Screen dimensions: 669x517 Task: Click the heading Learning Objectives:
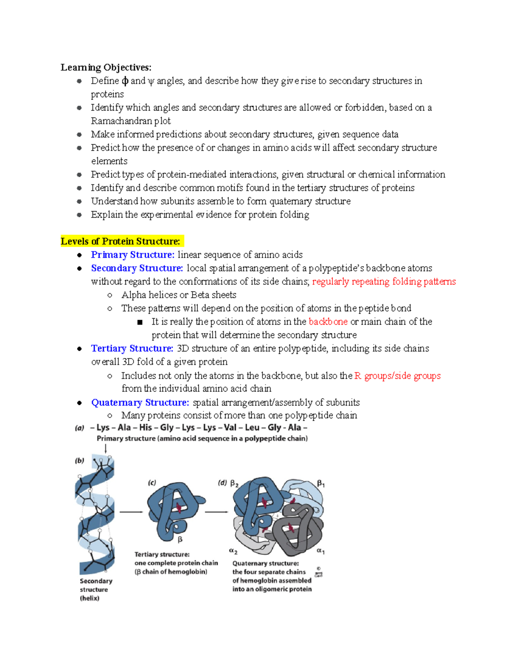(x=106, y=67)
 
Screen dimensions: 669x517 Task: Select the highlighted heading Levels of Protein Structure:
(x=121, y=241)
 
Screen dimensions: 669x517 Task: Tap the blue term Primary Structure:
(x=133, y=255)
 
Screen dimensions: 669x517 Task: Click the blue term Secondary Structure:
(x=137, y=268)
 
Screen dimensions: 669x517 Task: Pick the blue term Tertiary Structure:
(x=132, y=348)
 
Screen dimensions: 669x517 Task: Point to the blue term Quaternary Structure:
(x=140, y=402)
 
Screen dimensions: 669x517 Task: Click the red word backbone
(x=328, y=321)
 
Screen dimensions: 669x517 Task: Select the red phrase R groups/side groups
(x=397, y=376)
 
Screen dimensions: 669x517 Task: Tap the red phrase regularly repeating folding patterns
(x=383, y=281)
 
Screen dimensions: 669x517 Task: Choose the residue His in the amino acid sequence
(x=146, y=427)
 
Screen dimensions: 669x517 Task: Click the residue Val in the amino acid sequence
(x=230, y=427)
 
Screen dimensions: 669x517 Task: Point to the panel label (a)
(x=80, y=428)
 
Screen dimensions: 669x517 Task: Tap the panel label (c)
(x=152, y=483)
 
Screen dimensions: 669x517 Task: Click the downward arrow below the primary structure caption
(x=106, y=448)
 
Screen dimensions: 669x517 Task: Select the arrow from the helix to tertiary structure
(x=131, y=512)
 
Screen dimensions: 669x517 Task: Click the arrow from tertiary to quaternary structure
(x=216, y=512)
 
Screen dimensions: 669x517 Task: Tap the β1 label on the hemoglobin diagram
(x=321, y=484)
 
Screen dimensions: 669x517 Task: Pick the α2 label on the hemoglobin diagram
(x=233, y=551)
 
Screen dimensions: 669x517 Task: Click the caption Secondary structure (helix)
(x=96, y=589)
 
